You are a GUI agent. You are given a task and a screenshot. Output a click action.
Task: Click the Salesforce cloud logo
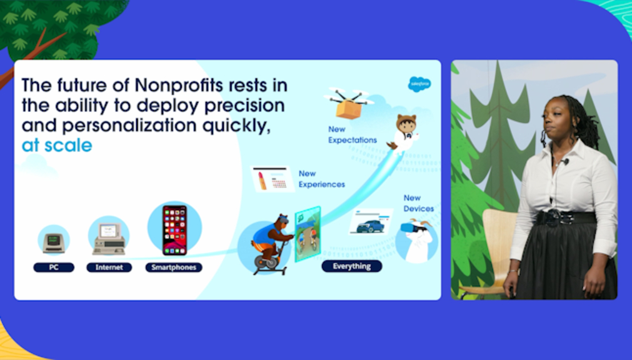click(419, 84)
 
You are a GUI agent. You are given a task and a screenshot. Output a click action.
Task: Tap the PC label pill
click(54, 267)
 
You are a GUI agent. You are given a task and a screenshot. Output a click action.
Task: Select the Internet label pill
click(109, 267)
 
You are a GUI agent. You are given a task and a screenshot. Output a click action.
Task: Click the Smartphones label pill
click(174, 267)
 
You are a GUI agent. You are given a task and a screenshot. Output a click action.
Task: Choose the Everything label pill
click(352, 266)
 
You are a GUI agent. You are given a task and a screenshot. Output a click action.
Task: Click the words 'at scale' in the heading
click(57, 146)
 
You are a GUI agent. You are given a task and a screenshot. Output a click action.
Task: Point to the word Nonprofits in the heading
click(179, 86)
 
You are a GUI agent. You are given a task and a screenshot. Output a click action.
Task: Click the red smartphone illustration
click(174, 230)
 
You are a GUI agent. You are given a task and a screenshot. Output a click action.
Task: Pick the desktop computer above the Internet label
click(109, 239)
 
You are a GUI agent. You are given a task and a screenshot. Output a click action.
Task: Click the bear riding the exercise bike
click(271, 244)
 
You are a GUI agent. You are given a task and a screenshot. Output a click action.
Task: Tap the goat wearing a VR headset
click(417, 240)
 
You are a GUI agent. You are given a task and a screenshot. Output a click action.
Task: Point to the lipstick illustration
click(262, 180)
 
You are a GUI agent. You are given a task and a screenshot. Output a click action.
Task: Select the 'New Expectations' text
click(353, 134)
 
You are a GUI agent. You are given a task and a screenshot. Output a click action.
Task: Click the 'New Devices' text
click(419, 203)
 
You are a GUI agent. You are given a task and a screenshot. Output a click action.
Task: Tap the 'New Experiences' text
click(322, 179)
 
